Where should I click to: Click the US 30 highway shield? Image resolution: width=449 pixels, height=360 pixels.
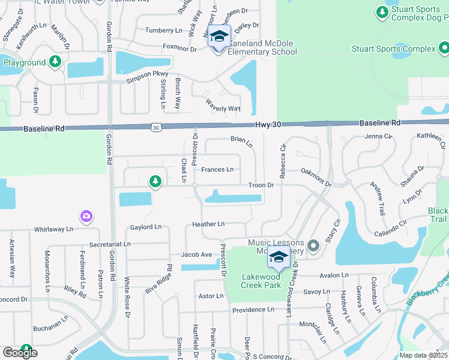(156, 127)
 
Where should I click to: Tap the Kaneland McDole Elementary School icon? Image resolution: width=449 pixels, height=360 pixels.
(219, 37)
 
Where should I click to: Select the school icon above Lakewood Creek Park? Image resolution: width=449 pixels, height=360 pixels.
(279, 257)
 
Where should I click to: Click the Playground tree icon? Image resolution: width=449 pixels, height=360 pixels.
(55, 61)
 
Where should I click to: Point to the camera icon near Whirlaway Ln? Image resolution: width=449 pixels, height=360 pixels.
(86, 216)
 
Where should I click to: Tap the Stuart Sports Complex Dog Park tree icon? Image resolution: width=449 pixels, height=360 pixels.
(381, 12)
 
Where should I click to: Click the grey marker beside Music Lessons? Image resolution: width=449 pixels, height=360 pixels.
(313, 245)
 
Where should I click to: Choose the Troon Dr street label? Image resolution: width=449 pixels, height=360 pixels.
(262, 185)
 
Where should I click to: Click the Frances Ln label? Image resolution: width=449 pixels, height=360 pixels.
(217, 170)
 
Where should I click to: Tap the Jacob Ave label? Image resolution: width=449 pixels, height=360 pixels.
(197, 254)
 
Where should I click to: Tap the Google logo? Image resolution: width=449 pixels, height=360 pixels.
(20, 353)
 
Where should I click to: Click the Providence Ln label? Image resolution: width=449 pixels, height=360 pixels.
(253, 310)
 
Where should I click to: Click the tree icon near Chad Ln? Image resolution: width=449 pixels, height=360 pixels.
(155, 180)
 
